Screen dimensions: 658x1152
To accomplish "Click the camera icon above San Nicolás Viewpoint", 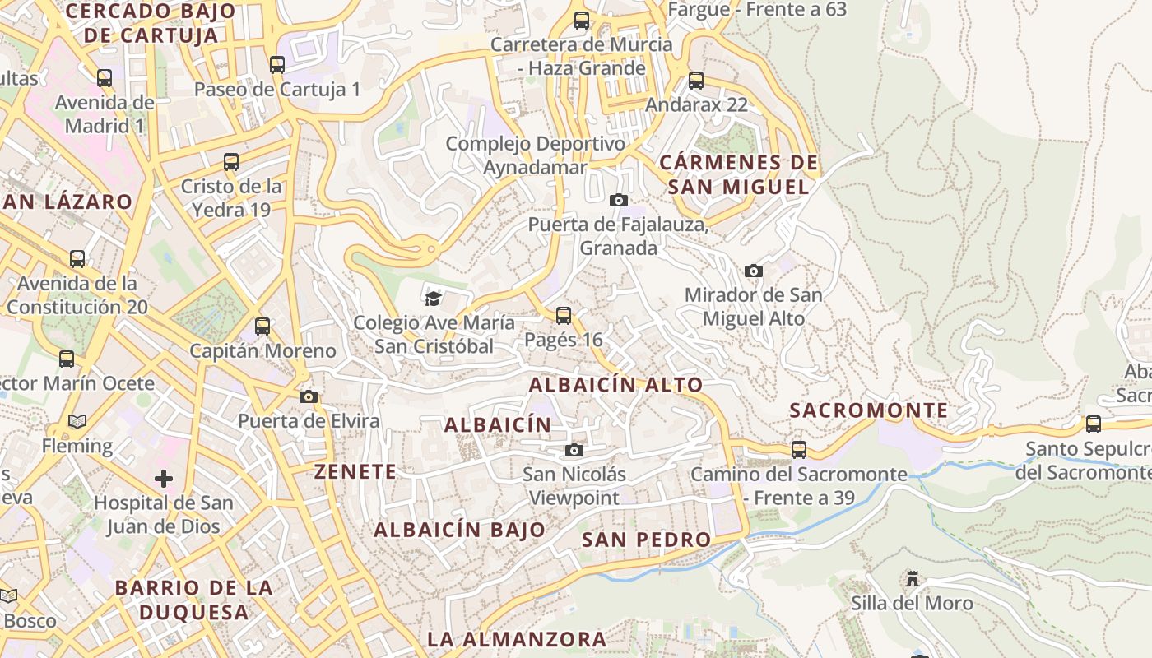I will point(574,450).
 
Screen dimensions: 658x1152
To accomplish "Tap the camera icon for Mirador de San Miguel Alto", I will point(753,271).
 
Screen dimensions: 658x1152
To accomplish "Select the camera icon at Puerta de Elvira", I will point(309,397).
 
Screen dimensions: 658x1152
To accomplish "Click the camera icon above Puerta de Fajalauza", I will point(619,200).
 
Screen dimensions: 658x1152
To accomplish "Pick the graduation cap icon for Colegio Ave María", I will point(434,298).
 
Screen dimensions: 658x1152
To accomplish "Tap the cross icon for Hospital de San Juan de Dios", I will point(164,478).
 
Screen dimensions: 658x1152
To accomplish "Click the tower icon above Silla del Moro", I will point(912,579).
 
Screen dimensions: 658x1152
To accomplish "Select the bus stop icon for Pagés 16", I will point(564,315).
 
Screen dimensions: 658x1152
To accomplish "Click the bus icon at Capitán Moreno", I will point(262,327).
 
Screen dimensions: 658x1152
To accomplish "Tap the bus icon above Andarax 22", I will point(696,81).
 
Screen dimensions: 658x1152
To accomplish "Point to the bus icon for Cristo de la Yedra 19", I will point(231,162).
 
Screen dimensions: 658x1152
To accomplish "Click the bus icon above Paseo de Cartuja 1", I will point(277,65).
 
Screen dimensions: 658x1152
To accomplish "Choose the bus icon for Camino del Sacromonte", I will point(799,450).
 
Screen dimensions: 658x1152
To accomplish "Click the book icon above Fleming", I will point(77,422).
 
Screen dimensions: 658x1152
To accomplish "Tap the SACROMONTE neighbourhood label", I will point(869,410).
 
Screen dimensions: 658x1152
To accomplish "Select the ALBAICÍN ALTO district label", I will point(615,384).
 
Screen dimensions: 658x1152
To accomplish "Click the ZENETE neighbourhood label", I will point(355,471).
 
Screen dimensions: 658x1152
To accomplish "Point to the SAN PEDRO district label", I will point(646,540).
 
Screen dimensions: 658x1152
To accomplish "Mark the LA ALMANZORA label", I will point(517,639).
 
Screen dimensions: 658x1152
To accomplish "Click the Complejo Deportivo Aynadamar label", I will point(536,155).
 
